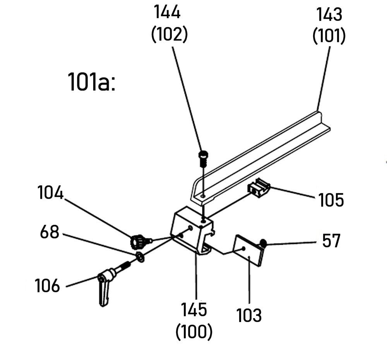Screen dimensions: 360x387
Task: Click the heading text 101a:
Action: point(92,82)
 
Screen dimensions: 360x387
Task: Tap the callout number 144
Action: point(168,13)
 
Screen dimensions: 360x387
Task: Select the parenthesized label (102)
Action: point(170,35)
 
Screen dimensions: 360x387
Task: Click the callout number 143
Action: point(329,15)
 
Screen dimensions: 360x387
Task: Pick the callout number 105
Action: point(331,200)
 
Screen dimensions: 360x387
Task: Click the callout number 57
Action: point(331,241)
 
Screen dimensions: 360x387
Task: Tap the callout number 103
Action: point(249,315)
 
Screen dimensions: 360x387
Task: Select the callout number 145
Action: point(195,310)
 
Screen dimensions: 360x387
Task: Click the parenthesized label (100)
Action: point(194,332)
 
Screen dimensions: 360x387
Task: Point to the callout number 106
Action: point(48,286)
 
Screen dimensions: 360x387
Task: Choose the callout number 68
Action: point(50,233)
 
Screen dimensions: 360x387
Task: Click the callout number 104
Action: point(50,192)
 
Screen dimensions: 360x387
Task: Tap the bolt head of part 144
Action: point(203,155)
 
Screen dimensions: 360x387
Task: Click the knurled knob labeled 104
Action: point(137,242)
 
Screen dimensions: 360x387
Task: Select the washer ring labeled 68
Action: point(140,257)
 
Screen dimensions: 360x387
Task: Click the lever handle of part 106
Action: point(104,292)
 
